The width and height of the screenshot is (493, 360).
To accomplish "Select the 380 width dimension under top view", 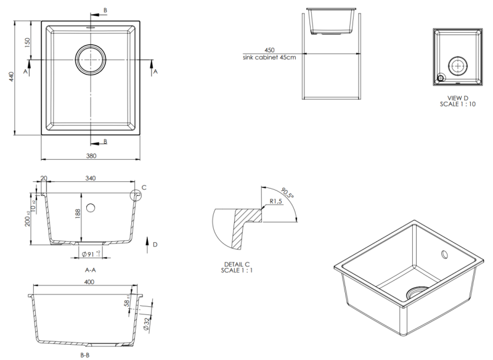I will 91,156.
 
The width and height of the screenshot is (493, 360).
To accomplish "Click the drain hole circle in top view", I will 91,59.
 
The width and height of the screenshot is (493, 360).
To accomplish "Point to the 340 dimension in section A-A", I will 91,179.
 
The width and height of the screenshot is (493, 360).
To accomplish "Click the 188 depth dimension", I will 77,214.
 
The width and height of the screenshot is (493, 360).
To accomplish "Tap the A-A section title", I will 91,269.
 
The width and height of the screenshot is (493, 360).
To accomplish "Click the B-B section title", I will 86,356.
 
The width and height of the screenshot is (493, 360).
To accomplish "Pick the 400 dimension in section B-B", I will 89,282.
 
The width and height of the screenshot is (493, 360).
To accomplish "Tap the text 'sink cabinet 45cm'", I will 269,57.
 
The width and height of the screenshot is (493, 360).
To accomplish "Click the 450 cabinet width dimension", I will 269,50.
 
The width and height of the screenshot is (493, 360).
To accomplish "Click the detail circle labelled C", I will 136,195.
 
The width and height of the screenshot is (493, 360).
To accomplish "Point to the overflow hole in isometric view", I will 444,254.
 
